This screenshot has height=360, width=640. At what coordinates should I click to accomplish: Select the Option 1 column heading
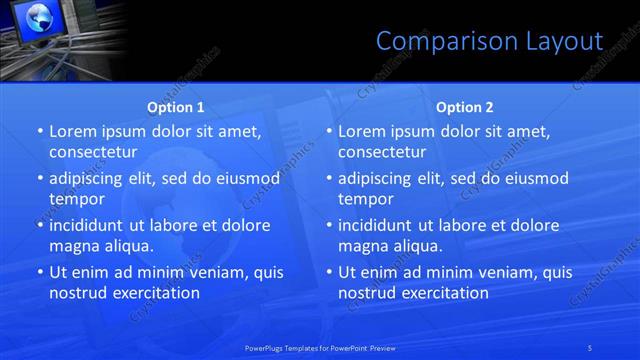(176, 106)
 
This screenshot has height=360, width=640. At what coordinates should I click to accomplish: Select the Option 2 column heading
(465, 106)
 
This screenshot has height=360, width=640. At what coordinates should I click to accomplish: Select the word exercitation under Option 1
(156, 293)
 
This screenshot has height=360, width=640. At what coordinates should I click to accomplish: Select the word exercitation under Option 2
(445, 293)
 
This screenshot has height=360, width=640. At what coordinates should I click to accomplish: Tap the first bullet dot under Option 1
(39, 131)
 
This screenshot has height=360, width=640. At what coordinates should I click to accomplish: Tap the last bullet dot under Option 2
(328, 272)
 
